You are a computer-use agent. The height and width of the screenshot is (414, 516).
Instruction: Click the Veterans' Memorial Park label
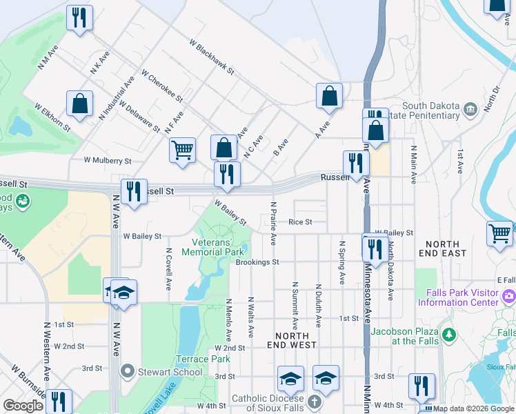pos(213,248)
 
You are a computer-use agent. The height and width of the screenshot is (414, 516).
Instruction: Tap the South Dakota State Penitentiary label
pos(431,110)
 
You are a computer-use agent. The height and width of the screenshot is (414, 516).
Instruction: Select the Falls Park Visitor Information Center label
pos(462,297)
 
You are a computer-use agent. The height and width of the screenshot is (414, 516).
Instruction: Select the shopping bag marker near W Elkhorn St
pos(80,103)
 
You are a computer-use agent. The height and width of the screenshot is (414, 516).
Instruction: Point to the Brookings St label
pos(257,262)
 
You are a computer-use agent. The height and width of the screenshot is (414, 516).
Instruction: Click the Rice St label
pos(301,222)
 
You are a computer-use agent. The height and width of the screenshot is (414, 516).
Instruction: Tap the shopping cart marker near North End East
pos(500,233)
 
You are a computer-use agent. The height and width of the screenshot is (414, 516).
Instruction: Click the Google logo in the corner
pos(23,406)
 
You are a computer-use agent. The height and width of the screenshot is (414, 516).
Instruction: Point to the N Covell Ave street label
pos(168,269)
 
